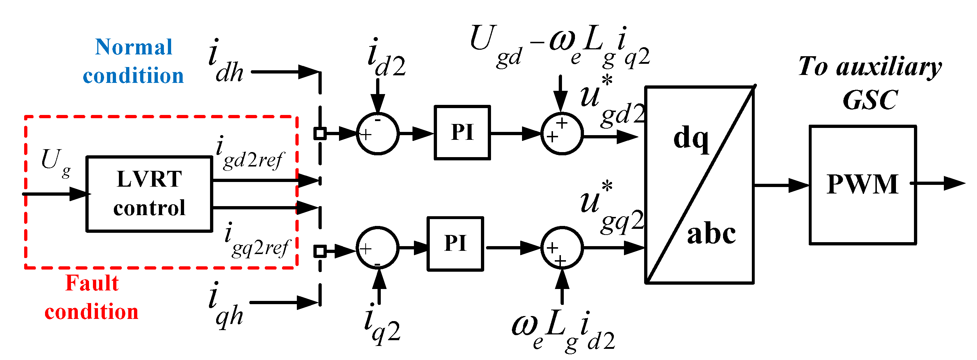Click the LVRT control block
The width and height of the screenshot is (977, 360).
point(149,194)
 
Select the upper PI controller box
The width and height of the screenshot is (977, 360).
point(462,132)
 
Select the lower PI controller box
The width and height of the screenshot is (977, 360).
point(455,244)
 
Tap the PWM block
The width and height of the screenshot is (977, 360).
point(862,185)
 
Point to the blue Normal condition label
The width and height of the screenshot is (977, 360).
point(134,61)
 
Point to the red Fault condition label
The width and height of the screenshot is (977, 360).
point(92,297)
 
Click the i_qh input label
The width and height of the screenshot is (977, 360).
point(226,305)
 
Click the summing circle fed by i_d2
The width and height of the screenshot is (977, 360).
point(378,134)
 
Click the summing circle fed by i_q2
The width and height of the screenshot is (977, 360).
point(378,248)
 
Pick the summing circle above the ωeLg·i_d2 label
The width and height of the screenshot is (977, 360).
point(562,248)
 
